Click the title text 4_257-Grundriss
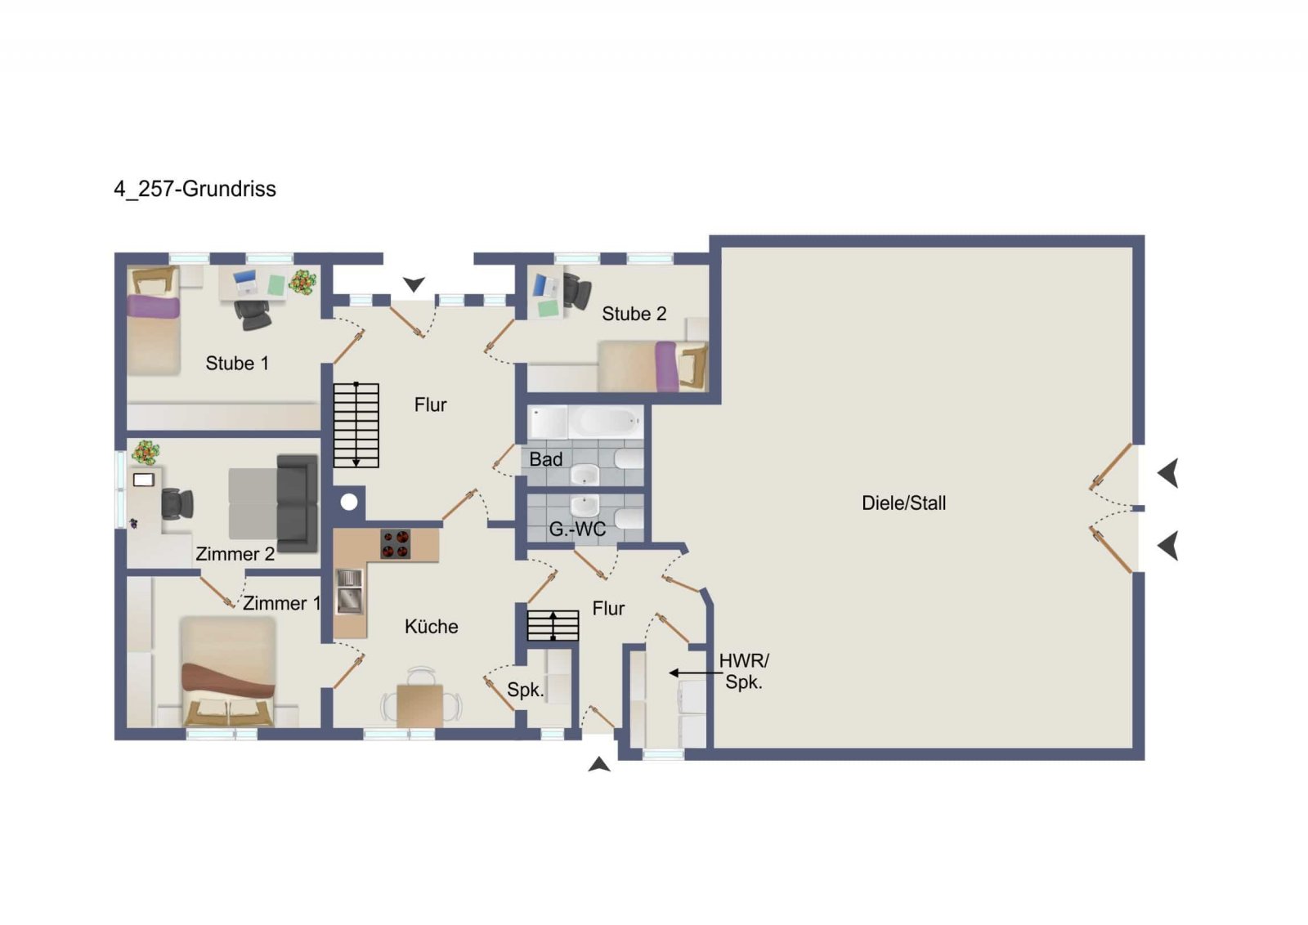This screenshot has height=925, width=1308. point(195,189)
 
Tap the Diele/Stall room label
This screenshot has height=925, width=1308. point(903,503)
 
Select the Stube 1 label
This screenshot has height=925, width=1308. point(237,364)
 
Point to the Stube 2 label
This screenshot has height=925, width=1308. point(634,314)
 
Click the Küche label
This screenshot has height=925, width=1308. point(432,627)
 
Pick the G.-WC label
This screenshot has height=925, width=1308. point(577,530)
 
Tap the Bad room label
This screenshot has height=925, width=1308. point(546,459)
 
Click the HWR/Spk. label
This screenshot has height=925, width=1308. point(744,672)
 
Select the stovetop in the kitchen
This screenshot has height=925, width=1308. point(396,544)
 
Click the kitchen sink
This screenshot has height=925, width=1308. point(350,592)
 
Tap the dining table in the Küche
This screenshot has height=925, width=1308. point(420,705)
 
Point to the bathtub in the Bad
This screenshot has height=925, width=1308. point(606,422)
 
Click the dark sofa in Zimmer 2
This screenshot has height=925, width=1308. point(298,503)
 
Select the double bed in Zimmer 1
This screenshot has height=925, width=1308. point(228,671)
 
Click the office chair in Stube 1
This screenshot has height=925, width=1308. point(253,315)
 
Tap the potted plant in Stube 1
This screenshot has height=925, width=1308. point(303,281)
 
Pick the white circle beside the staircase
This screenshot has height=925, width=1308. point(349,502)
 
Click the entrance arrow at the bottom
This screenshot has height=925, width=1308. point(599,765)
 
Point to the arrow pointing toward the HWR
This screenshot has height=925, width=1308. point(695,673)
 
